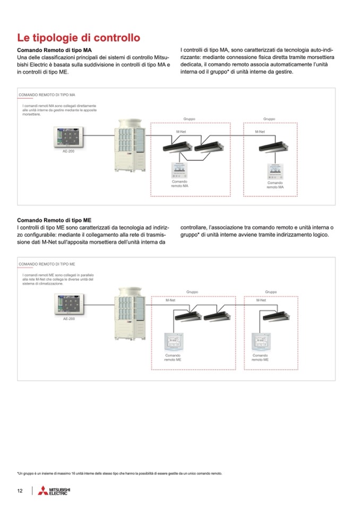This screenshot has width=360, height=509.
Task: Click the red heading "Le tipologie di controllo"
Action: (x=79, y=38)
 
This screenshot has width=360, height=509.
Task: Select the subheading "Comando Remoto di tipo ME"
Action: (x=54, y=220)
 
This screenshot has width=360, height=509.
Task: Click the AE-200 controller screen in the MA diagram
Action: (x=68, y=137)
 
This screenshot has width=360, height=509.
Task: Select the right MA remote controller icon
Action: (x=275, y=170)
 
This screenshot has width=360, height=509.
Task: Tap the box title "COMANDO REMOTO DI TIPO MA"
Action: (x=47, y=94)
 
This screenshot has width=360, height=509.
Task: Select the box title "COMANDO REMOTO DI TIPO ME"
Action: (x=47, y=263)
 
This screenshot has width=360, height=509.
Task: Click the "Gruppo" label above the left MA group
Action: (x=190, y=119)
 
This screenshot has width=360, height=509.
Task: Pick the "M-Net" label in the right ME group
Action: (x=261, y=300)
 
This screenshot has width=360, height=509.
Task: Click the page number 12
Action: (x=20, y=491)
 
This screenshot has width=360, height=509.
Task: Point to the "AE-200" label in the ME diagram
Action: (x=68, y=319)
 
